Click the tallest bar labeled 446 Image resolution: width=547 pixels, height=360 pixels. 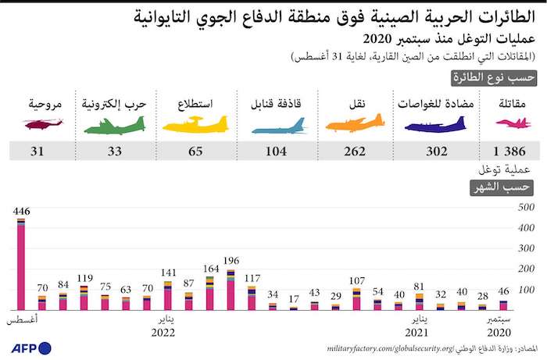point(21,266)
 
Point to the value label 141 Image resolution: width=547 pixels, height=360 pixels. point(168,273)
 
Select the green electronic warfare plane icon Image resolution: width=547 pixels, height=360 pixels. point(114,124)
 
